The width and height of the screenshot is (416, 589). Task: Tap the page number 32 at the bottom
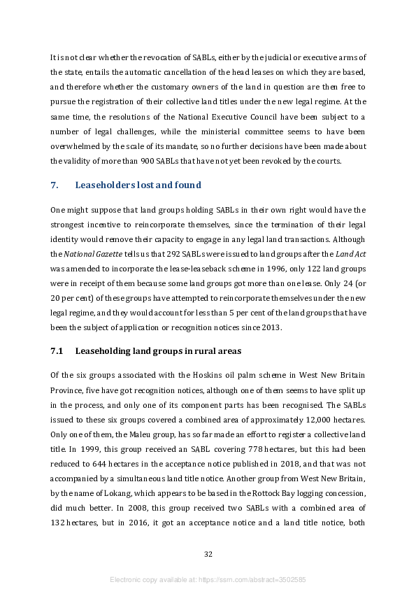click(x=208, y=554)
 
